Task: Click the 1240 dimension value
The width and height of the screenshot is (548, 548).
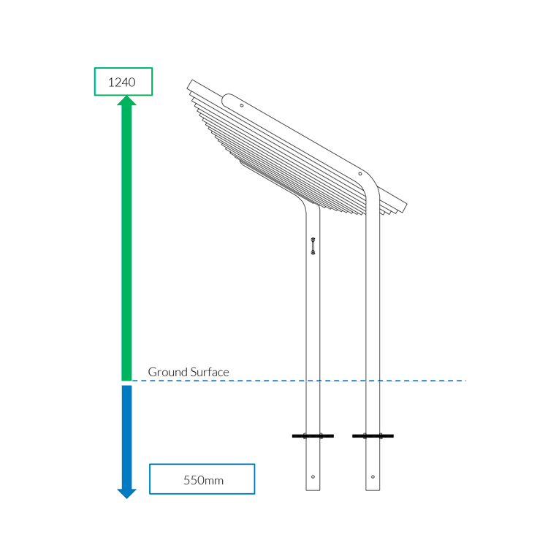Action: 121,83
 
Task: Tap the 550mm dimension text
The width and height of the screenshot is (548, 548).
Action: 203,480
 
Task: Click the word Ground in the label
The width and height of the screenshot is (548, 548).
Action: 168,372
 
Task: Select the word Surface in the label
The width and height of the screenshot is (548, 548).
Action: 210,372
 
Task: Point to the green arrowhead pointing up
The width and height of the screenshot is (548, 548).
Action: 126,101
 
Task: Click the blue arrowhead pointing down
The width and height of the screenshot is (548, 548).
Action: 126,493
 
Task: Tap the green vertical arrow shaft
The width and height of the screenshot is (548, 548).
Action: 126,243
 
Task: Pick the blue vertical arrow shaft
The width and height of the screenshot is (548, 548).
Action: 126,437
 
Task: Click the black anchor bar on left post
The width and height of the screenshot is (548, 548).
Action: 313,435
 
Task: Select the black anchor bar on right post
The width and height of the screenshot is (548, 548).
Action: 373,435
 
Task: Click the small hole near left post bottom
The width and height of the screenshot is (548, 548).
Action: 313,476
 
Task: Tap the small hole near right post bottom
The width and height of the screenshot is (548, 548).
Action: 373,476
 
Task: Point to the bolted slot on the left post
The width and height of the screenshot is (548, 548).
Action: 313,246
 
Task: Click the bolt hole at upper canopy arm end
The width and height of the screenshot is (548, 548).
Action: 242,105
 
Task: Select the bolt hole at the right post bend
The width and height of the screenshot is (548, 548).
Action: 360,174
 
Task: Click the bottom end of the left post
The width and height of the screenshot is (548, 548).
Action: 313,490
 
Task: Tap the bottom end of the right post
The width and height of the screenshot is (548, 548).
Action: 373,490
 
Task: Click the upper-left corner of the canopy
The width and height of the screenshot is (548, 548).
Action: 192,80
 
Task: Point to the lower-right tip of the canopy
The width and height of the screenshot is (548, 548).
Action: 403,213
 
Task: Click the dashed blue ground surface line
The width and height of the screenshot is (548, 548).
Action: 299,381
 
